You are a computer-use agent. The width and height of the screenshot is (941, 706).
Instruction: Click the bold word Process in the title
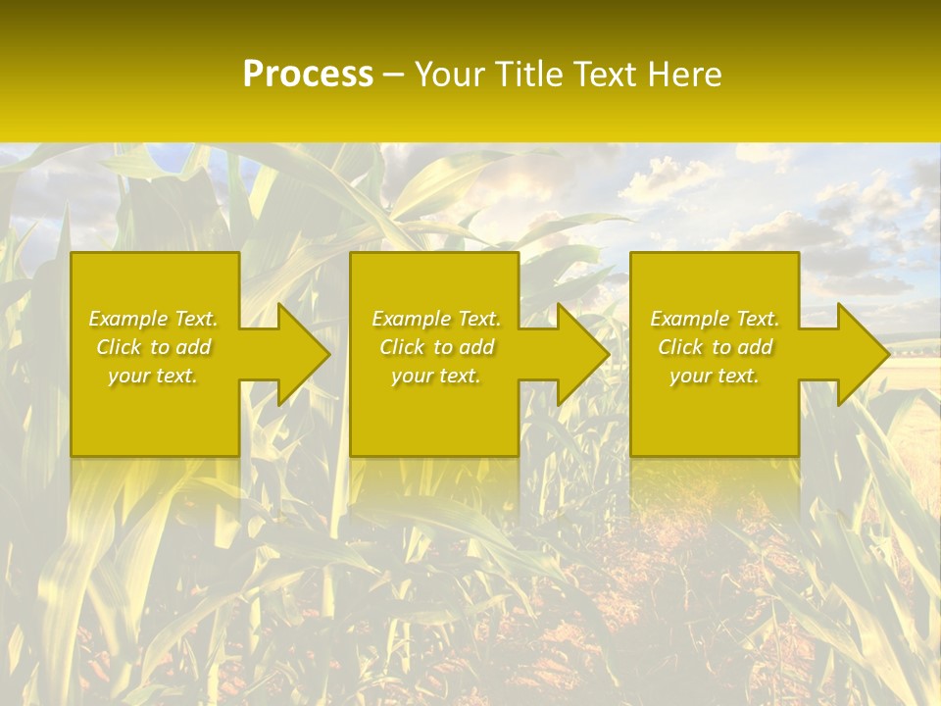pyautogui.click(x=308, y=75)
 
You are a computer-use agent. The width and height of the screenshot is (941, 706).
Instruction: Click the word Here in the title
pyautogui.click(x=685, y=75)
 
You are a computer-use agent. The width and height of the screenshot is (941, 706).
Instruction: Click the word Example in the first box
pyautogui.click(x=128, y=319)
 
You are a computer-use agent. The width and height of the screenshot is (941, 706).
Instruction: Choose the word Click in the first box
pyautogui.click(x=119, y=347)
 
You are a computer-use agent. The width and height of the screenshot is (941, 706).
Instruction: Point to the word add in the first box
pyautogui.click(x=193, y=347)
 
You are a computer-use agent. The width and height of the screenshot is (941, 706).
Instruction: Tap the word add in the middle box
pyautogui.click(x=476, y=347)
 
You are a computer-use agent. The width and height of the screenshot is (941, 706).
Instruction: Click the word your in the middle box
pyautogui.click(x=411, y=376)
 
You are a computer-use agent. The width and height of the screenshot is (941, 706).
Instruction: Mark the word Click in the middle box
pyautogui.click(x=402, y=347)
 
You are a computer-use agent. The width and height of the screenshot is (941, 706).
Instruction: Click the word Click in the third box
pyautogui.click(x=680, y=347)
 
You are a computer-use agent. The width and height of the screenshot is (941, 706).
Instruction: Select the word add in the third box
pyautogui.click(x=755, y=347)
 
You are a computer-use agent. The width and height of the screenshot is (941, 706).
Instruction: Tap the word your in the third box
pyautogui.click(x=689, y=376)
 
